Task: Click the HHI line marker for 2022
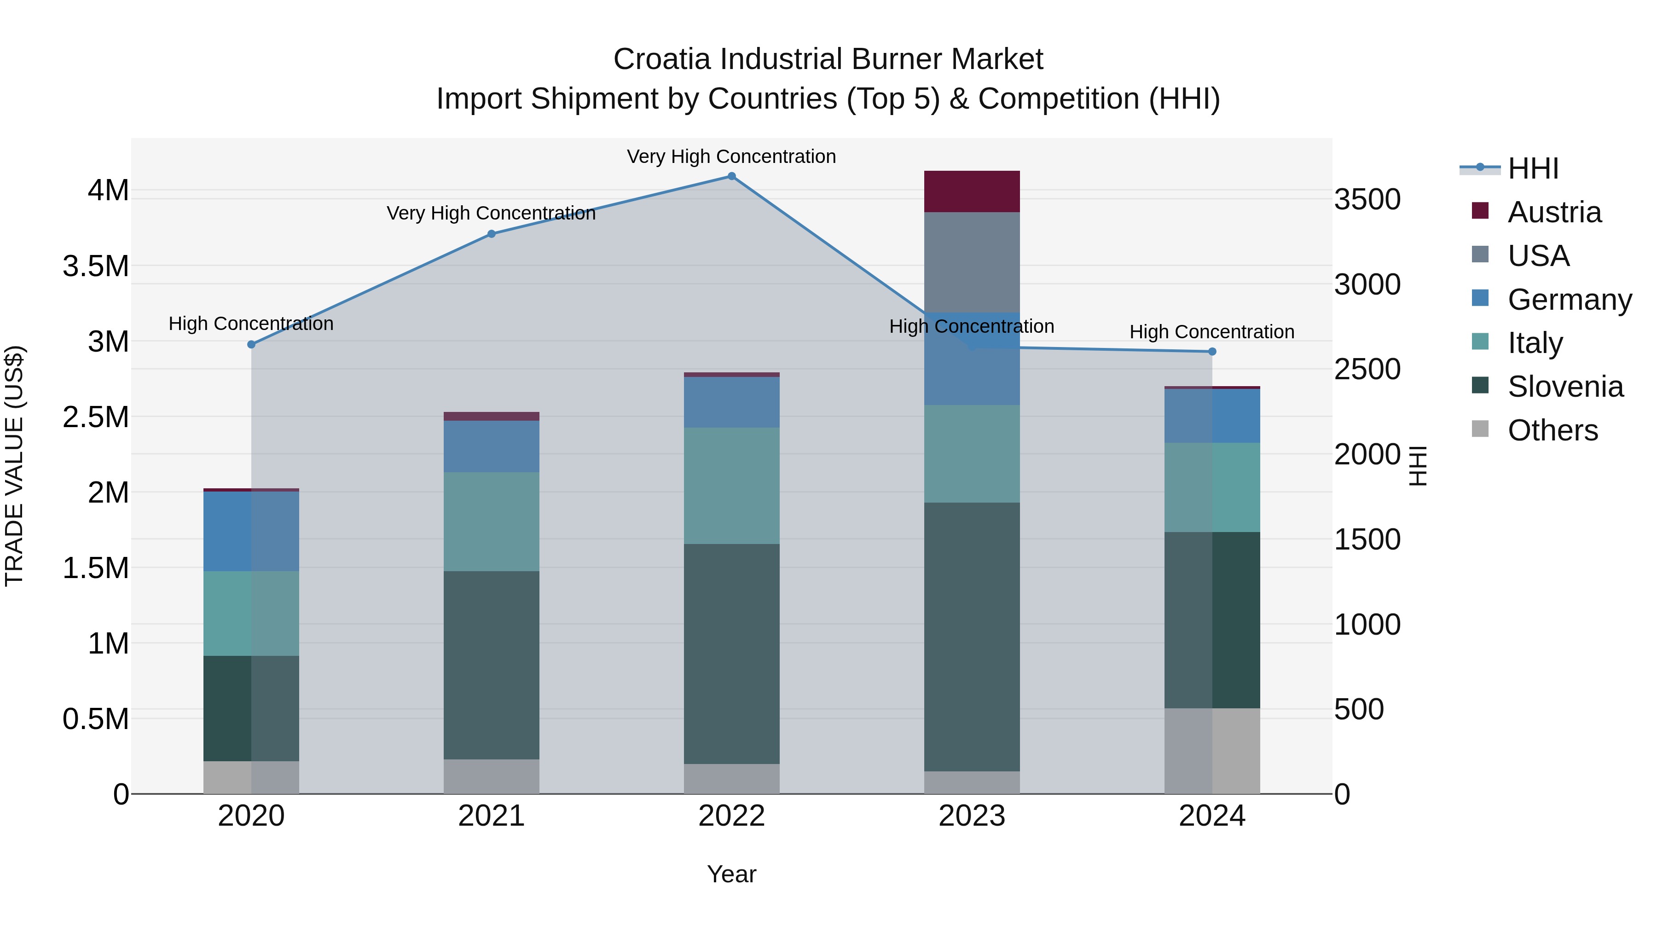(x=731, y=176)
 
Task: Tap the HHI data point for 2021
(x=492, y=234)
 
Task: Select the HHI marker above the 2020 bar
(x=251, y=345)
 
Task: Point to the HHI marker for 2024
(x=1212, y=352)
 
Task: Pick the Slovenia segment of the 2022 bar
(x=731, y=654)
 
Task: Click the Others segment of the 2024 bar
(x=1212, y=751)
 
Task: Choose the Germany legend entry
(x=1570, y=300)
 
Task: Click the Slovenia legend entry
(x=1565, y=387)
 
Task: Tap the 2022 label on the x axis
(x=731, y=816)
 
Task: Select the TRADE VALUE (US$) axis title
(x=14, y=466)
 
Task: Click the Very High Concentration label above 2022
(x=731, y=157)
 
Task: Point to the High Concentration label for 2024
(x=1212, y=332)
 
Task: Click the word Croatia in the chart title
(x=662, y=60)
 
